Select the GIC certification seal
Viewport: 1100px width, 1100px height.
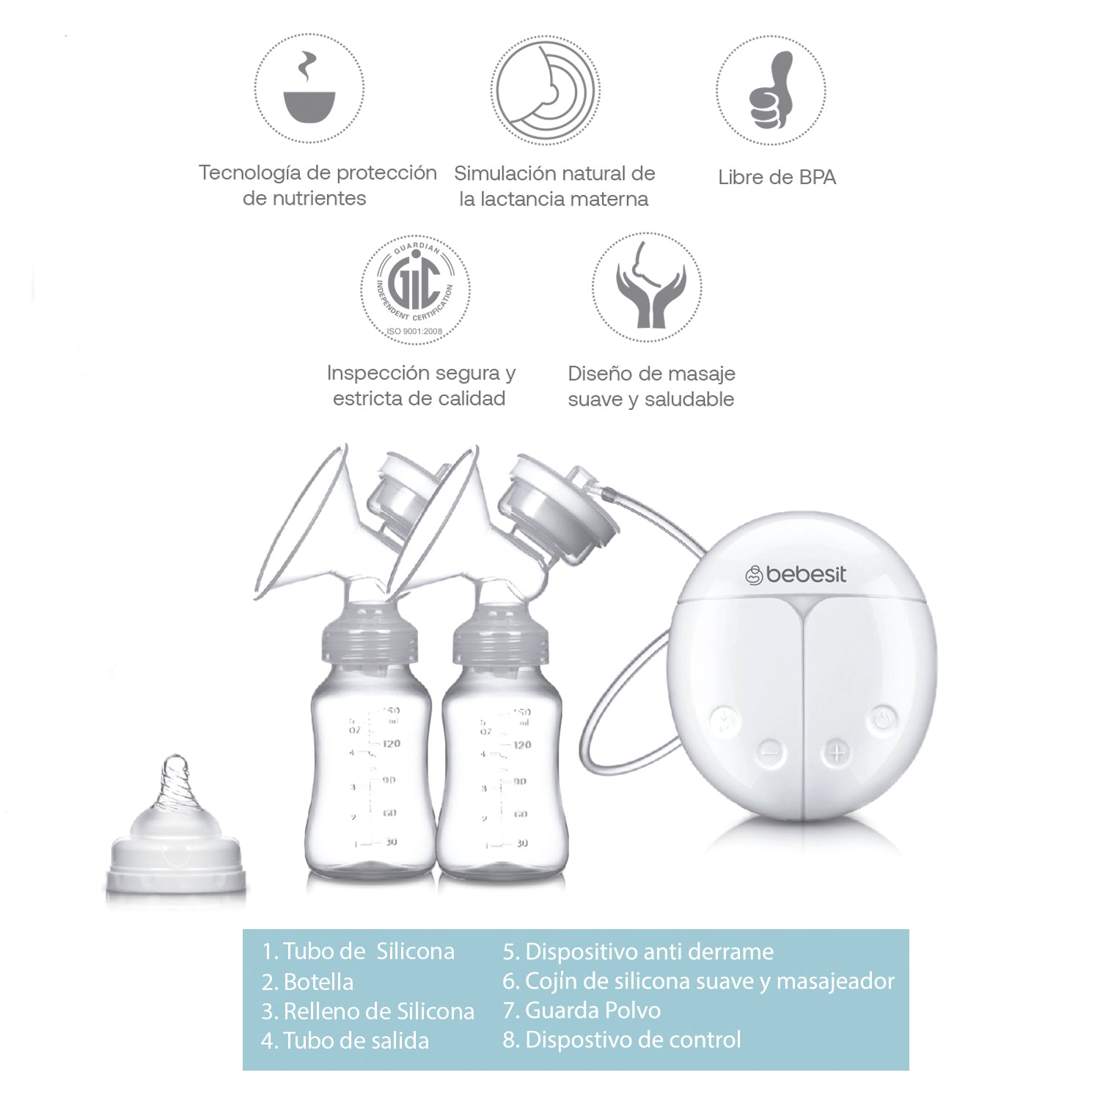[415, 288]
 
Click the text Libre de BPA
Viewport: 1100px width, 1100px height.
[777, 177]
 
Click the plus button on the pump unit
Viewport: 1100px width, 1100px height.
[837, 752]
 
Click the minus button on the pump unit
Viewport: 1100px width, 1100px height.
[769, 751]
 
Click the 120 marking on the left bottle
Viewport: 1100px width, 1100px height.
[391, 744]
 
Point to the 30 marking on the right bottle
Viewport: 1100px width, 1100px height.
[521, 843]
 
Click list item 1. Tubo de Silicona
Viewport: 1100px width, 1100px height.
[358, 952]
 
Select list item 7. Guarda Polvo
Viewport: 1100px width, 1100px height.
[582, 1011]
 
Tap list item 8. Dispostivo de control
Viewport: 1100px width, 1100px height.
[622, 1040]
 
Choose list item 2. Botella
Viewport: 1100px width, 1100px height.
[308, 982]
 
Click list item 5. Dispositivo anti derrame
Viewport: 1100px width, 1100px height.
[638, 952]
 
